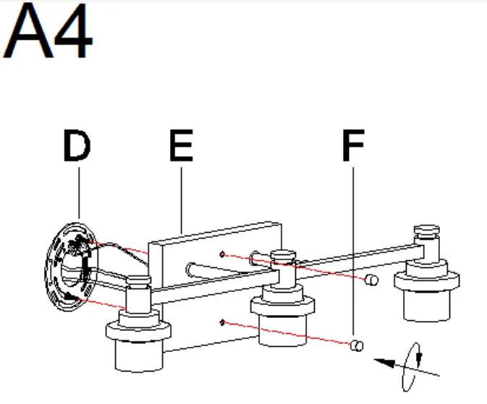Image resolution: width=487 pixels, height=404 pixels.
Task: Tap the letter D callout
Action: click(x=77, y=147)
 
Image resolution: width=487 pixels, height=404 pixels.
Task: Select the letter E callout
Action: click(x=181, y=147)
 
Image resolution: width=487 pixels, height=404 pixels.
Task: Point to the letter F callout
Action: click(x=352, y=147)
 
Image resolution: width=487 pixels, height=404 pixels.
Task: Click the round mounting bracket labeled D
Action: click(x=69, y=267)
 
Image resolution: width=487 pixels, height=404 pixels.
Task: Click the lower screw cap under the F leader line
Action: click(x=356, y=346)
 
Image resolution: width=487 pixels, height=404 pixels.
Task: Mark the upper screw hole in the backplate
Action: click(x=224, y=254)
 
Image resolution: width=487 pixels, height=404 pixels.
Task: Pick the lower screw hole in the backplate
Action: click(x=224, y=322)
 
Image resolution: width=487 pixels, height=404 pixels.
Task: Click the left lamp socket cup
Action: click(x=139, y=347)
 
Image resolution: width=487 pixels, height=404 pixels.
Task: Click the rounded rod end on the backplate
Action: click(x=192, y=270)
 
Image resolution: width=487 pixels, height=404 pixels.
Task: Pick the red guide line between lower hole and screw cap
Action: click(x=289, y=334)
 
